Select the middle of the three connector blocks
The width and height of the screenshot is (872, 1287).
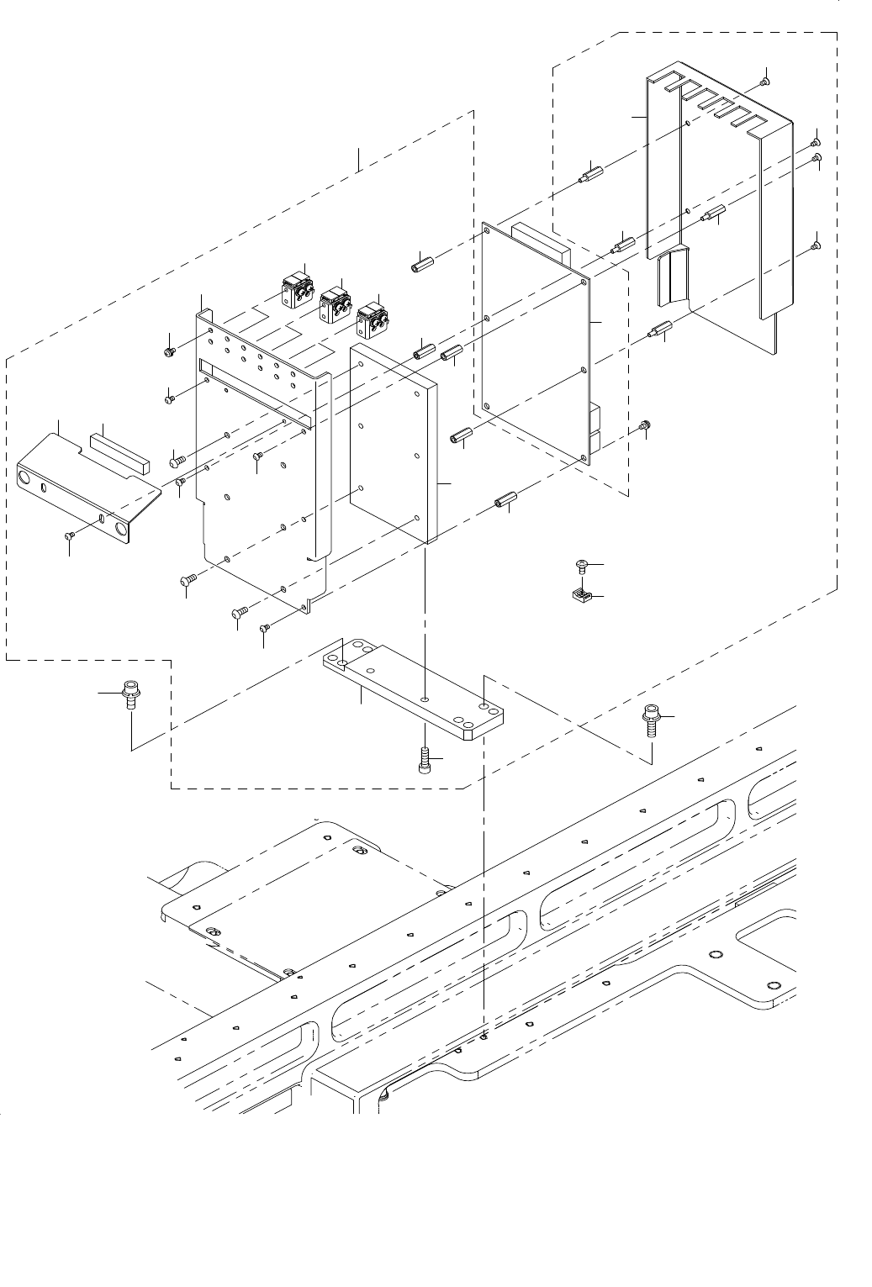[x=334, y=304]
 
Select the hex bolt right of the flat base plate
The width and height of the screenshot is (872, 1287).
[x=652, y=719]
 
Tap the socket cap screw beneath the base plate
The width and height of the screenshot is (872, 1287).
[x=425, y=761]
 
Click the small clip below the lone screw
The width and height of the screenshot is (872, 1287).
[x=579, y=596]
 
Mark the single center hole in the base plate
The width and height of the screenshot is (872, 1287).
[x=426, y=699]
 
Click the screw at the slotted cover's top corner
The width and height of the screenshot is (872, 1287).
[x=764, y=81]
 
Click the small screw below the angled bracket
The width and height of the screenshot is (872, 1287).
[x=70, y=535]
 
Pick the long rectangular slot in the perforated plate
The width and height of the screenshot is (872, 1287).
[x=256, y=390]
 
